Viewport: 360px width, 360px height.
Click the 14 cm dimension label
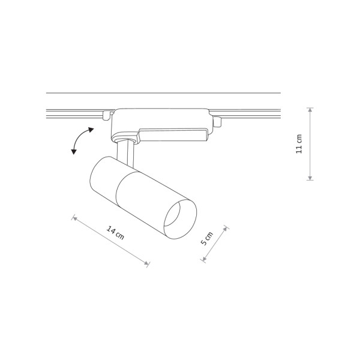(x=115, y=232)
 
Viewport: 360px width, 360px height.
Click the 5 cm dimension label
(x=207, y=239)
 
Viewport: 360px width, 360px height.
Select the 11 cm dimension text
(x=299, y=144)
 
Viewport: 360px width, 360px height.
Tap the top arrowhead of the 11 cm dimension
(x=310, y=110)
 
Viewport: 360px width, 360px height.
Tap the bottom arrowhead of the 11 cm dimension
(x=310, y=178)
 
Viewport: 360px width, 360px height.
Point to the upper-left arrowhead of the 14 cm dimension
(x=74, y=218)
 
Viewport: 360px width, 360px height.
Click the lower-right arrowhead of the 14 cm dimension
(x=146, y=263)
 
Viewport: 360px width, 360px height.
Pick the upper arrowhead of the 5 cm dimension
(x=226, y=229)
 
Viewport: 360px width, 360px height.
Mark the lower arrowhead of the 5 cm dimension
(x=204, y=259)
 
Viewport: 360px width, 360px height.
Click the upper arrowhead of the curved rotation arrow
(x=91, y=130)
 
